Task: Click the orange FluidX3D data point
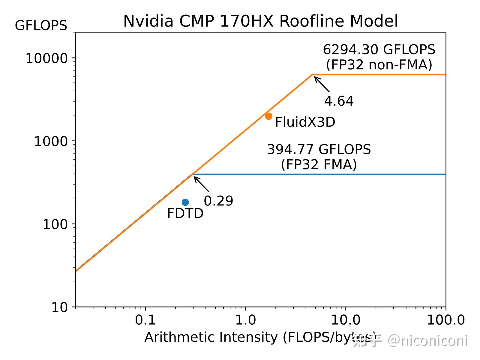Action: (268, 116)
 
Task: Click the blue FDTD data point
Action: (185, 202)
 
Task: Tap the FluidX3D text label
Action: (305, 122)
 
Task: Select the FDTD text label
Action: (185, 214)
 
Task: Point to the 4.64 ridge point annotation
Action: (339, 101)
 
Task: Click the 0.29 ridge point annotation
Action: (218, 201)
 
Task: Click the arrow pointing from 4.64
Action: (322, 84)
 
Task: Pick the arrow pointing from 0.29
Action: (201, 184)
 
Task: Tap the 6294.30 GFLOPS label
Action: (379, 50)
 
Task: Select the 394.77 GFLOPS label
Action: (319, 149)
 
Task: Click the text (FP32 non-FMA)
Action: (379, 65)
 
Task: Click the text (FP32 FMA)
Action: (319, 164)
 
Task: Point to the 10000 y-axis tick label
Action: (47, 58)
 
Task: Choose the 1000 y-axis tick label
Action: (51, 141)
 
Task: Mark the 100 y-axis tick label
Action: (55, 224)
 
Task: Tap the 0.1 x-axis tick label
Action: (145, 320)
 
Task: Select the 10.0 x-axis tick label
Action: (346, 320)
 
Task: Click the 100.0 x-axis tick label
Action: (446, 320)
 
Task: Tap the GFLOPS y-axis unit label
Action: (41, 26)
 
